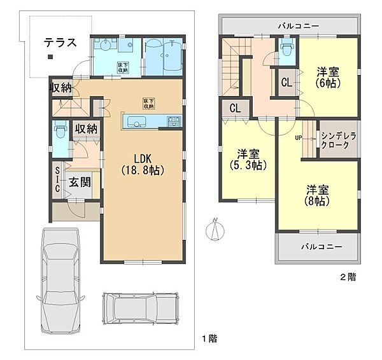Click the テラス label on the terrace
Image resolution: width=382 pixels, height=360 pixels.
[60, 43]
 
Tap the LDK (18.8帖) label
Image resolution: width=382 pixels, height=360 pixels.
[143, 163]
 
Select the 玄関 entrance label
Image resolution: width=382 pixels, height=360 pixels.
[79, 183]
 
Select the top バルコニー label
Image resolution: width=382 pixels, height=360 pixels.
[298, 26]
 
